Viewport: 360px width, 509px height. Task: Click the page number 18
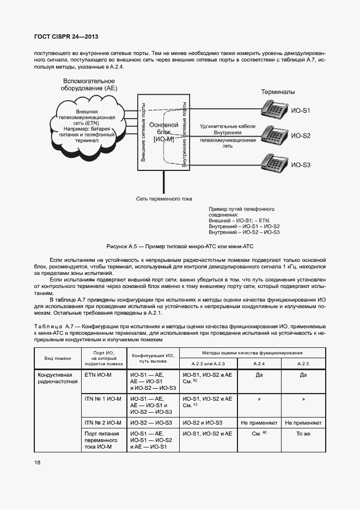(37, 462)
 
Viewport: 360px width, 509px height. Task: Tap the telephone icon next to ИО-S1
(273, 108)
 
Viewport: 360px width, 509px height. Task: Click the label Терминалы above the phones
(278, 91)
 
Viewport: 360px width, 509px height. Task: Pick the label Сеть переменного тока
(164, 199)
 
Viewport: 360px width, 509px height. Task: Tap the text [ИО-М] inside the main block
(164, 139)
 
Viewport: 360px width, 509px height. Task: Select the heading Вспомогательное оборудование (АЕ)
(89, 83)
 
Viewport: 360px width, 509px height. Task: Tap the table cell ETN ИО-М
(98, 375)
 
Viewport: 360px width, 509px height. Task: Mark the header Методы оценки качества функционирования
(252, 353)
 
